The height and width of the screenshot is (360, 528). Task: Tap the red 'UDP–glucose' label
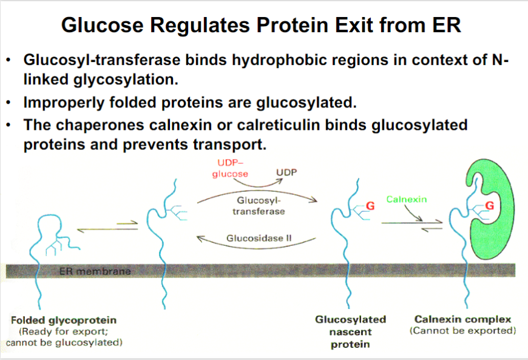pyautogui.click(x=230, y=168)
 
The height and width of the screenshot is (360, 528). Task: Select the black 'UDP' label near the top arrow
pyautogui.click(x=286, y=172)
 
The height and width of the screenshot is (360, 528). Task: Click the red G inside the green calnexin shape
pyautogui.click(x=490, y=205)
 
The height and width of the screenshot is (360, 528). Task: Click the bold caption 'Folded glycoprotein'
pyautogui.click(x=64, y=319)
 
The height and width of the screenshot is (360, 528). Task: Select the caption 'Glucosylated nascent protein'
pyautogui.click(x=350, y=332)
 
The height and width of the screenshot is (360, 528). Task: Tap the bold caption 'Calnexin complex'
pyautogui.click(x=462, y=319)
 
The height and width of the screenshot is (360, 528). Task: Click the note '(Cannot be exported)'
pyautogui.click(x=462, y=331)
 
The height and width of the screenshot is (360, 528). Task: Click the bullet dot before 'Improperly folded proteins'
pyautogui.click(x=9, y=103)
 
